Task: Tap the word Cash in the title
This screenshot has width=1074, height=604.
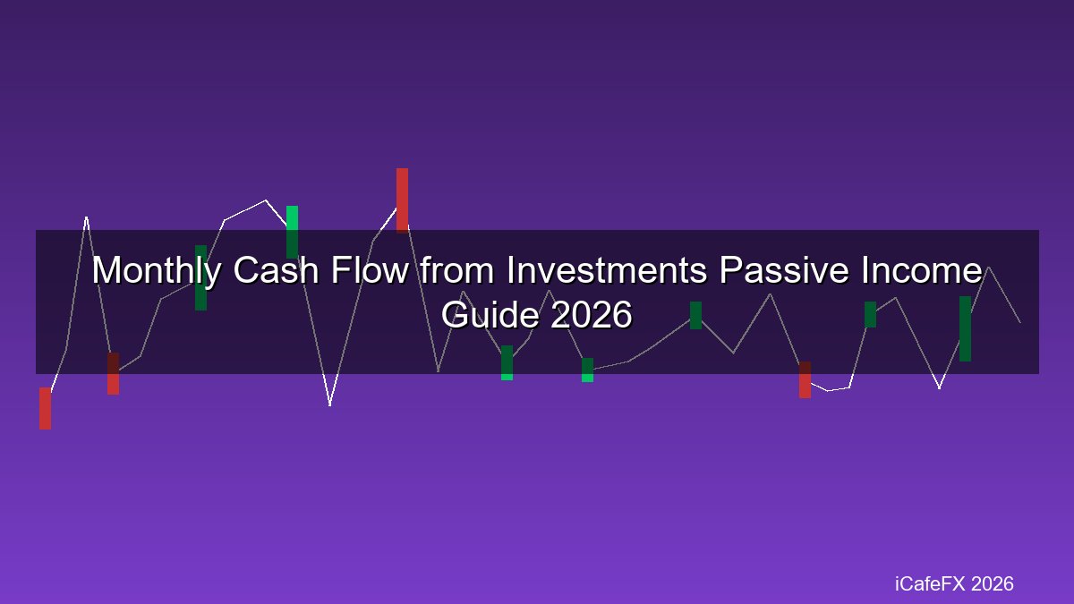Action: click(277, 270)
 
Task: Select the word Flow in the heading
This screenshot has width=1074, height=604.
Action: click(370, 270)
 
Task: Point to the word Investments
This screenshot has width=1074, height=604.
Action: click(606, 270)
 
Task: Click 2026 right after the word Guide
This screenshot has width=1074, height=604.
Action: click(592, 314)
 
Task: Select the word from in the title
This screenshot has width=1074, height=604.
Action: click(457, 270)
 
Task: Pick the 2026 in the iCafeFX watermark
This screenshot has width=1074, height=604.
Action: click(992, 583)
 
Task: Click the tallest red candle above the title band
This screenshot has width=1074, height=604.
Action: click(402, 200)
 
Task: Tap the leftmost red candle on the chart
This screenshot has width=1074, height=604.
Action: click(45, 408)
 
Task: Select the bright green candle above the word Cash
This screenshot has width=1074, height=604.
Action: click(292, 232)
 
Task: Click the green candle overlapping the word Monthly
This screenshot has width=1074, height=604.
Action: click(200, 277)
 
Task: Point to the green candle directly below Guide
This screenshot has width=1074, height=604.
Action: click(507, 363)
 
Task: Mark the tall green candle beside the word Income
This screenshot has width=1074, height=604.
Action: click(965, 329)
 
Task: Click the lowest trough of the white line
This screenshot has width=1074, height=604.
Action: click(330, 405)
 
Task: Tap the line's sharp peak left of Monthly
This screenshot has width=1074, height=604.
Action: click(86, 217)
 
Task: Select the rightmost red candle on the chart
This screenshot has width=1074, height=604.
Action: click(805, 379)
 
